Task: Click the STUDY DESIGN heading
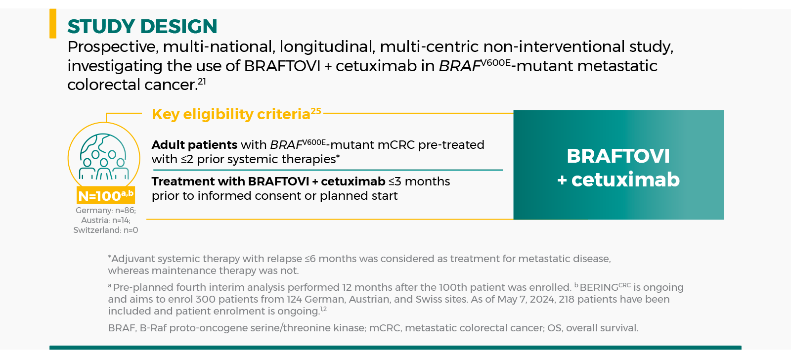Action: click(x=142, y=27)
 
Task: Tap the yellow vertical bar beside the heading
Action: click(x=53, y=23)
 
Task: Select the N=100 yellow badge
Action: click(x=106, y=195)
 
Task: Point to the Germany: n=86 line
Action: click(x=106, y=210)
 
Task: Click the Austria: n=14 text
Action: click(x=106, y=220)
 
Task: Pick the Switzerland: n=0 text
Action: click(x=106, y=230)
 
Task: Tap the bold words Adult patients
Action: click(x=194, y=145)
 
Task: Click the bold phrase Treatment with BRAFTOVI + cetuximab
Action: click(x=268, y=181)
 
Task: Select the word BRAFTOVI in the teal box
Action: click(x=618, y=156)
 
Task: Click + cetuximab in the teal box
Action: click(x=618, y=180)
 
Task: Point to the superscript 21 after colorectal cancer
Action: click(x=202, y=81)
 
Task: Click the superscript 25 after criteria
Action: click(x=316, y=111)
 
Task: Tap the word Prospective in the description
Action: click(x=113, y=47)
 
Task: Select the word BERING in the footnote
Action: click(x=599, y=288)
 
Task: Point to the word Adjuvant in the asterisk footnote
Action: click(x=133, y=259)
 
